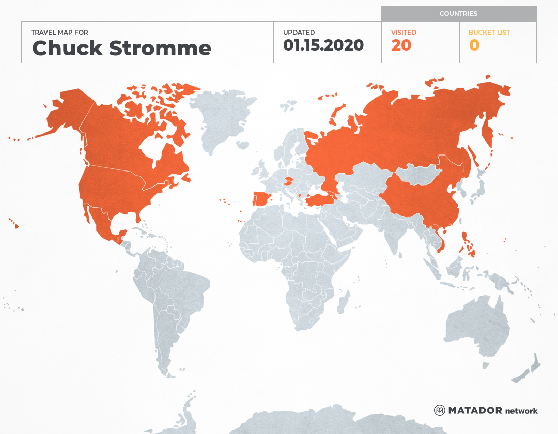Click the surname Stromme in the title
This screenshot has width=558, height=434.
coord(160,49)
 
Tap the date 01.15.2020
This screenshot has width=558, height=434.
coord(323,45)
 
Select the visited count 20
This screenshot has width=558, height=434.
coord(401,45)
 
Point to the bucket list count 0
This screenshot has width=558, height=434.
coord(474,45)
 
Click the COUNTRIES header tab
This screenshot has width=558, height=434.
coord(458,14)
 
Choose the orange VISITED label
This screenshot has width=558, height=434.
coord(404,32)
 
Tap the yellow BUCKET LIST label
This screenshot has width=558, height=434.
coord(489,32)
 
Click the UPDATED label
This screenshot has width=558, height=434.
coord(299,32)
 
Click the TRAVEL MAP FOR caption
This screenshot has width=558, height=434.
coord(60,32)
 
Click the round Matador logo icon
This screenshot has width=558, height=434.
coord(440,410)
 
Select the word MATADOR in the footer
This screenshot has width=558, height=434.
coord(475,410)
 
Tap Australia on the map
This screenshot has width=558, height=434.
coord(475,326)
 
